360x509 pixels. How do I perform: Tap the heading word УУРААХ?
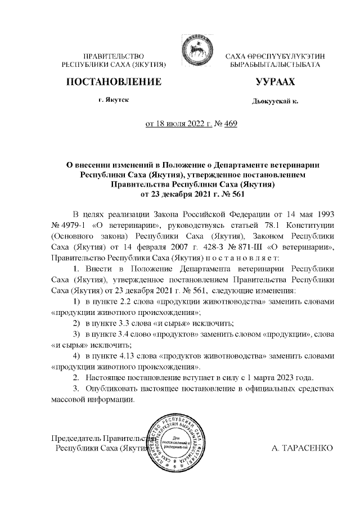click(274, 82)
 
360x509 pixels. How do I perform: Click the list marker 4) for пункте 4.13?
click(77, 357)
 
